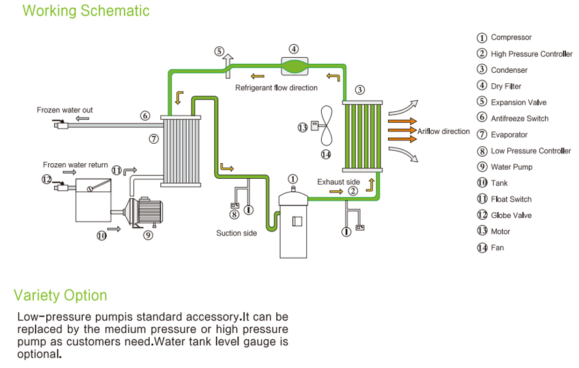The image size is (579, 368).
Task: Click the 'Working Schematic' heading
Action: [x=85, y=11]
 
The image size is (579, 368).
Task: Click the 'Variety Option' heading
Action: [x=61, y=295]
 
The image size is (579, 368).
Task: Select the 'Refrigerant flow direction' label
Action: [x=276, y=88]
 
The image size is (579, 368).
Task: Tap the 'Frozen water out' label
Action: [x=64, y=110]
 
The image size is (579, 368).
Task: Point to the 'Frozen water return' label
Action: [x=76, y=165]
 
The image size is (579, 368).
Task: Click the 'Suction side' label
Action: [x=236, y=233]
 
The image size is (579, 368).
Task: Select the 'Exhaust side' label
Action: [x=339, y=182]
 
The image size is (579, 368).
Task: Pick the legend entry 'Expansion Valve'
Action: [x=518, y=102]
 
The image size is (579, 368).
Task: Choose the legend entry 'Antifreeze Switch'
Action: [x=520, y=118]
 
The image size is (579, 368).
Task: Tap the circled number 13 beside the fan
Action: [x=302, y=127]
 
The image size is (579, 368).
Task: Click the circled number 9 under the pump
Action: [x=148, y=235]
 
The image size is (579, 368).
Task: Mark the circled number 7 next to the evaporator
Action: [x=153, y=138]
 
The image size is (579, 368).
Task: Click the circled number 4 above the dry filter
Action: [x=294, y=49]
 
